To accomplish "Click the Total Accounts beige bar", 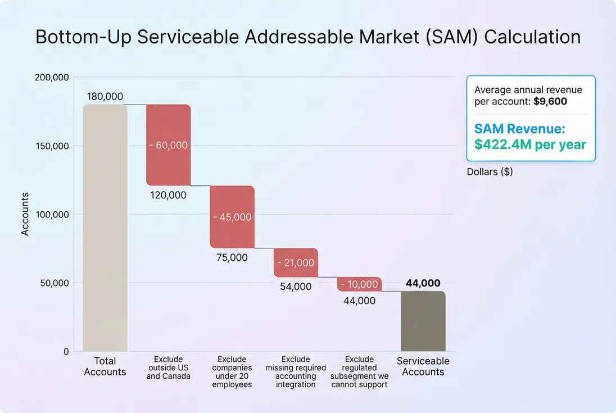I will tap(105, 228).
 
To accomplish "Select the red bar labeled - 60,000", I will tap(169, 145).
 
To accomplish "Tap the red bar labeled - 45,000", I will tap(232, 217).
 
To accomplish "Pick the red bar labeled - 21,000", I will tap(296, 262).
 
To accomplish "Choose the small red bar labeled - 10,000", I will tap(359, 284).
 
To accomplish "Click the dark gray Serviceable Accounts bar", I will tap(423, 321).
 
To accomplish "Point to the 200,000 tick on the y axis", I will tap(52, 78).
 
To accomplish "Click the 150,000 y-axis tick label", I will tap(52, 146).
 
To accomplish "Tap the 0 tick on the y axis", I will tap(66, 352).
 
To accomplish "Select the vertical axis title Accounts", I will tap(25, 214).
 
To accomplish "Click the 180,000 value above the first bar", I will tap(105, 97).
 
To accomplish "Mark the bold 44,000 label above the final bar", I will tap(423, 283).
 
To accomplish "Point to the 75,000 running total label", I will tap(232, 258).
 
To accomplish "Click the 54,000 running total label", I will tap(296, 287).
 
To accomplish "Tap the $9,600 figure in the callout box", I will tap(550, 102).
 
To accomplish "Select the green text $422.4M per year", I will tap(530, 144).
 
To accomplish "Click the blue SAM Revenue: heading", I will tap(519, 129).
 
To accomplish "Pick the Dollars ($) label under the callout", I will tap(490, 172).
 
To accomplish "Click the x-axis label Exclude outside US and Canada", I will tap(169, 367).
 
